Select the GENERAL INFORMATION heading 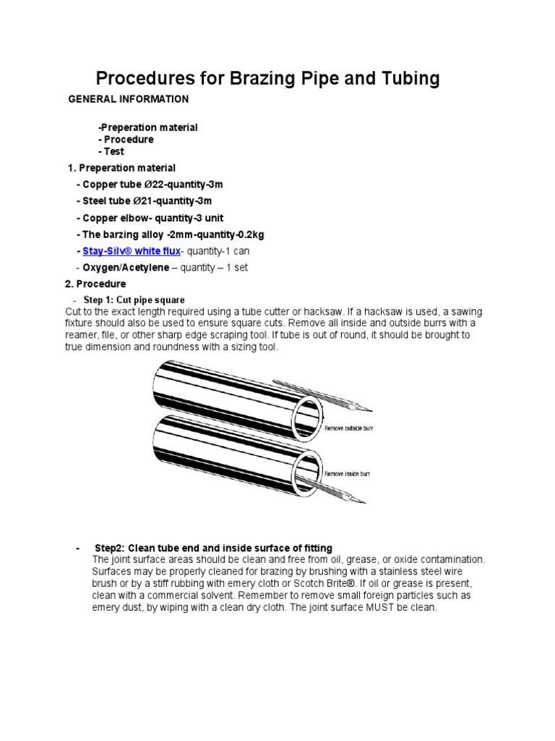pos(128,99)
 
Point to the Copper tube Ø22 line pos(143,185)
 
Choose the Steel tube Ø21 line pos(143,201)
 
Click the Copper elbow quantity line pos(149,218)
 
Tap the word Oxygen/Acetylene pos(122,267)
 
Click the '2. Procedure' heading pos(96,284)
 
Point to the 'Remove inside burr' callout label pos(346,473)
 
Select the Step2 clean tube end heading pos(213,548)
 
